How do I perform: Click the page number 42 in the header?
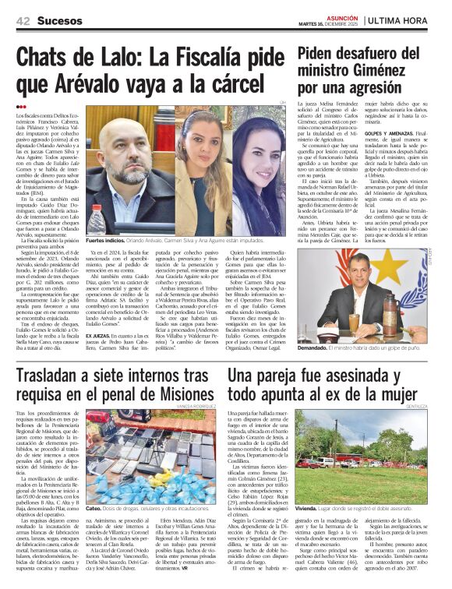point(23,21)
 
